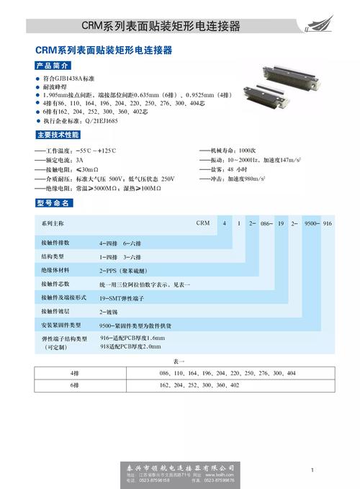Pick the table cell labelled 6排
tap(74, 385)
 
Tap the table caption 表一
tap(179, 360)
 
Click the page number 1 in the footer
tap(313, 470)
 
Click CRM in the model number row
tap(203, 223)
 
